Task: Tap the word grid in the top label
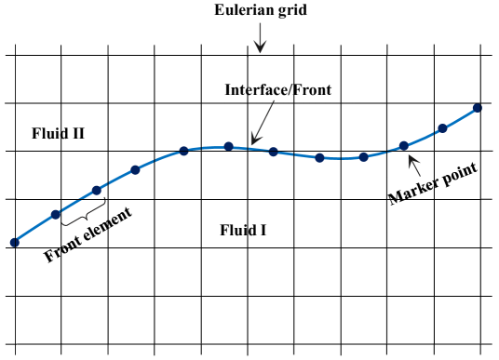pos(290,11)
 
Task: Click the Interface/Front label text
pos(277,90)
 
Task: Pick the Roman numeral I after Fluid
pos(263,229)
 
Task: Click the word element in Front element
pos(109,223)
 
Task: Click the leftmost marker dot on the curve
pos(14,242)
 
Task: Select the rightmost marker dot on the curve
pos(477,108)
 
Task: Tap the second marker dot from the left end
pos(56,214)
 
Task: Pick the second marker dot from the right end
pos(442,128)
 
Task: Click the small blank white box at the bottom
pos(248,355)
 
